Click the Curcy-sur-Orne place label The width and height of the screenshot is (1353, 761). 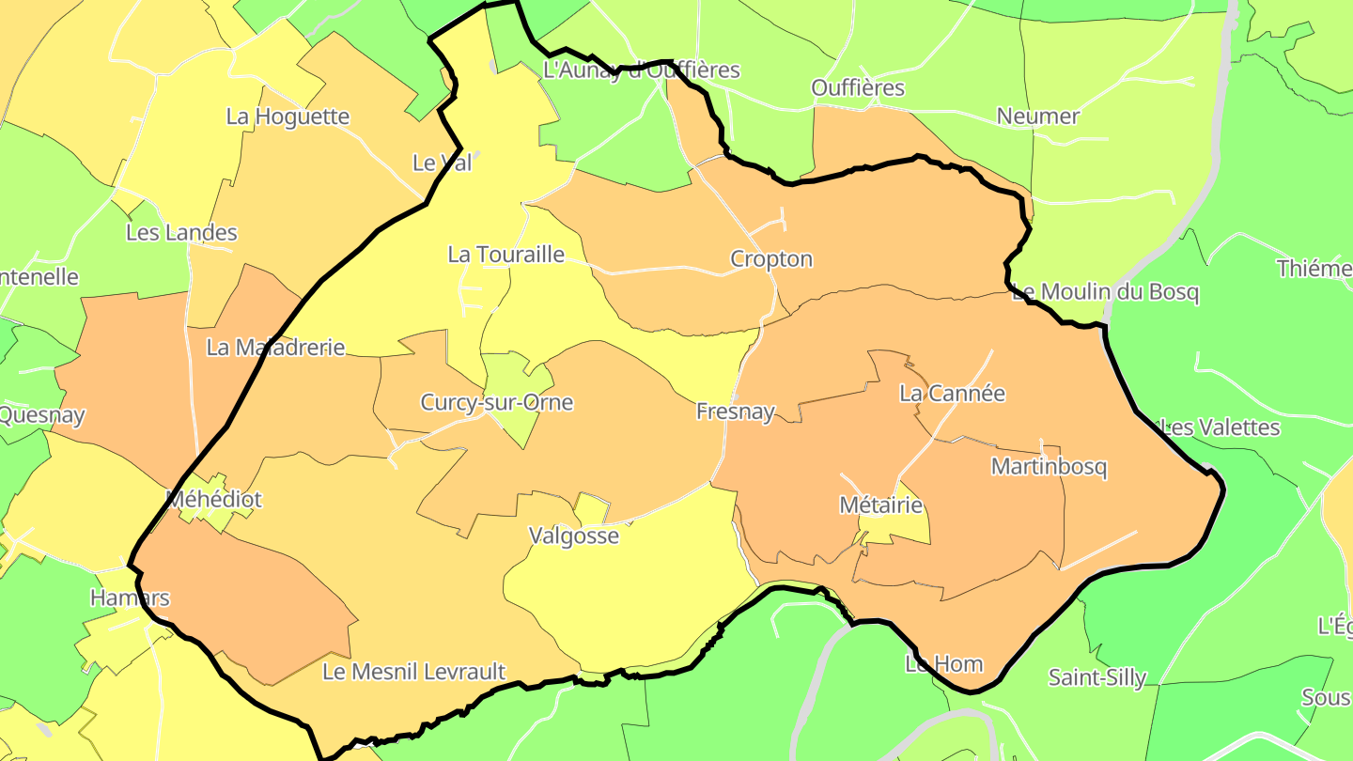(x=496, y=403)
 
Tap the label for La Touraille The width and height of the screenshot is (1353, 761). (x=505, y=255)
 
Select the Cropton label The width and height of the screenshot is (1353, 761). (x=771, y=259)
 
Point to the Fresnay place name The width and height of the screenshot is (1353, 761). (x=736, y=412)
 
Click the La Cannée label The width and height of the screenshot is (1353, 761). (x=952, y=394)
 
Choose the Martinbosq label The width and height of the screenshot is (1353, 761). (x=1049, y=467)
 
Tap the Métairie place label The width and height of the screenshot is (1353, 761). (x=880, y=505)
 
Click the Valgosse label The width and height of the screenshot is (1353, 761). (x=574, y=536)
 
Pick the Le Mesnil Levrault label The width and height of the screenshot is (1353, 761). (x=413, y=672)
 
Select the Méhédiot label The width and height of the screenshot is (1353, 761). (x=213, y=499)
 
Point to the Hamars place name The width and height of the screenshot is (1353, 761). (x=130, y=598)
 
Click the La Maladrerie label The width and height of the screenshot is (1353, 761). (x=275, y=348)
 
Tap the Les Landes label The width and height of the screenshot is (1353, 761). (x=181, y=233)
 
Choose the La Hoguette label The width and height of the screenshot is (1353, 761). (x=288, y=117)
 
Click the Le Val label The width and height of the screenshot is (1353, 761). (x=442, y=163)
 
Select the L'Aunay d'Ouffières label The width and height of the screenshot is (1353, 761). (x=642, y=70)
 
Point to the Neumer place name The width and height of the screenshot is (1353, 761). (x=1038, y=116)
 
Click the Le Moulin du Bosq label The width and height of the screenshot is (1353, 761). (x=1105, y=292)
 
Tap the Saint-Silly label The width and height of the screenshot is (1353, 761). (x=1097, y=677)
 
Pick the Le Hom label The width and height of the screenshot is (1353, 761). (x=943, y=664)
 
